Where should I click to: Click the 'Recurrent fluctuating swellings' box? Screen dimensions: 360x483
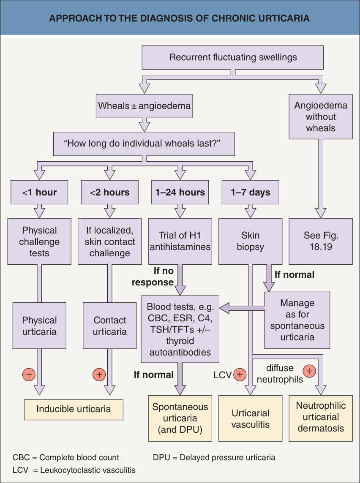pos(233,57)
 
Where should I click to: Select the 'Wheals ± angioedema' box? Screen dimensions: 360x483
pos(144,106)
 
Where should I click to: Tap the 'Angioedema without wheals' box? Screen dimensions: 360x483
pos(321,117)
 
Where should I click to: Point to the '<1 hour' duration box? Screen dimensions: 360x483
pos(39,192)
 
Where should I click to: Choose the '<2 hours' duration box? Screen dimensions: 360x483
pos(109,192)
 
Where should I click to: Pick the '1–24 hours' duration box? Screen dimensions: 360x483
pos(180,192)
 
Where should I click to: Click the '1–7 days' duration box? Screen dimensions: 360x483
pos(250,192)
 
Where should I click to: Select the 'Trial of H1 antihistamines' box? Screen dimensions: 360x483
pos(180,241)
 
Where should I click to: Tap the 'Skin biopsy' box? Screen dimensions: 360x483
pos(250,241)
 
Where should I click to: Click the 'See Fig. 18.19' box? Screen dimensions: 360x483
pos(321,241)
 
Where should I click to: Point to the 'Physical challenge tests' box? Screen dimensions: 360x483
pos(39,241)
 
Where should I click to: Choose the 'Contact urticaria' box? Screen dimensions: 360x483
pos(109,326)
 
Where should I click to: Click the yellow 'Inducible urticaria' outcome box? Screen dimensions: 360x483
pos(74,410)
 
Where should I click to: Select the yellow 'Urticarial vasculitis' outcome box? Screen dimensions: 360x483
pos(250,418)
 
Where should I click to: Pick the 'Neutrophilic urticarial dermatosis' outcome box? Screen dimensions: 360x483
pos(321,418)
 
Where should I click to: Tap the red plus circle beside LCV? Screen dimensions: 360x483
pos(240,375)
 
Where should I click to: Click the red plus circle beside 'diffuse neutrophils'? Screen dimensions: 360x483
pos(309,371)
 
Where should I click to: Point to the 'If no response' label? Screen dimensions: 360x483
pos(153,277)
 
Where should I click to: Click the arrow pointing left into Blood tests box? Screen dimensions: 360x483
pos(242,308)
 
